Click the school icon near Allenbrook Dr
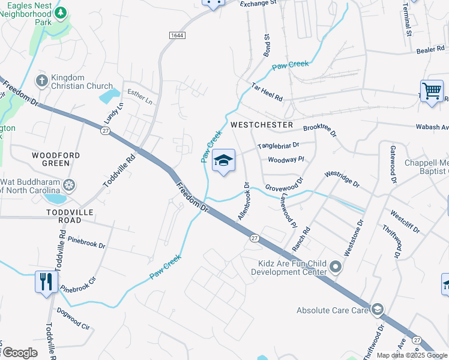point(223,161)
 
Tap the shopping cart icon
point(432,91)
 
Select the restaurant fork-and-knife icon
point(46,281)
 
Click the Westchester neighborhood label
point(262,125)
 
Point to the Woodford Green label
point(56,159)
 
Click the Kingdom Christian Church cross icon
point(42,80)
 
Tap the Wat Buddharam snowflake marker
point(70,185)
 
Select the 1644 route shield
point(176,35)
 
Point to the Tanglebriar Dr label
point(278,146)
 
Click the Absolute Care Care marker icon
point(377,310)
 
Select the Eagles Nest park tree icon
point(61,12)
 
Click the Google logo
point(19,353)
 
